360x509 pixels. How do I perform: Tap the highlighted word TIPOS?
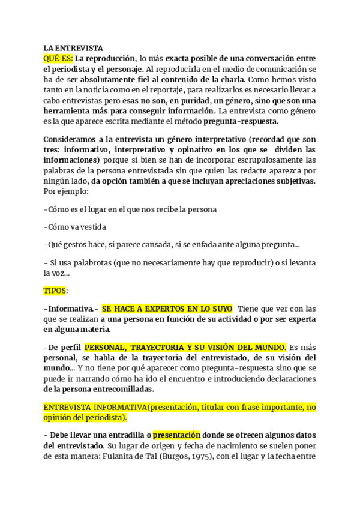click(x=55, y=291)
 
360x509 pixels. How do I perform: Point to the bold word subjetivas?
click(x=294, y=181)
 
